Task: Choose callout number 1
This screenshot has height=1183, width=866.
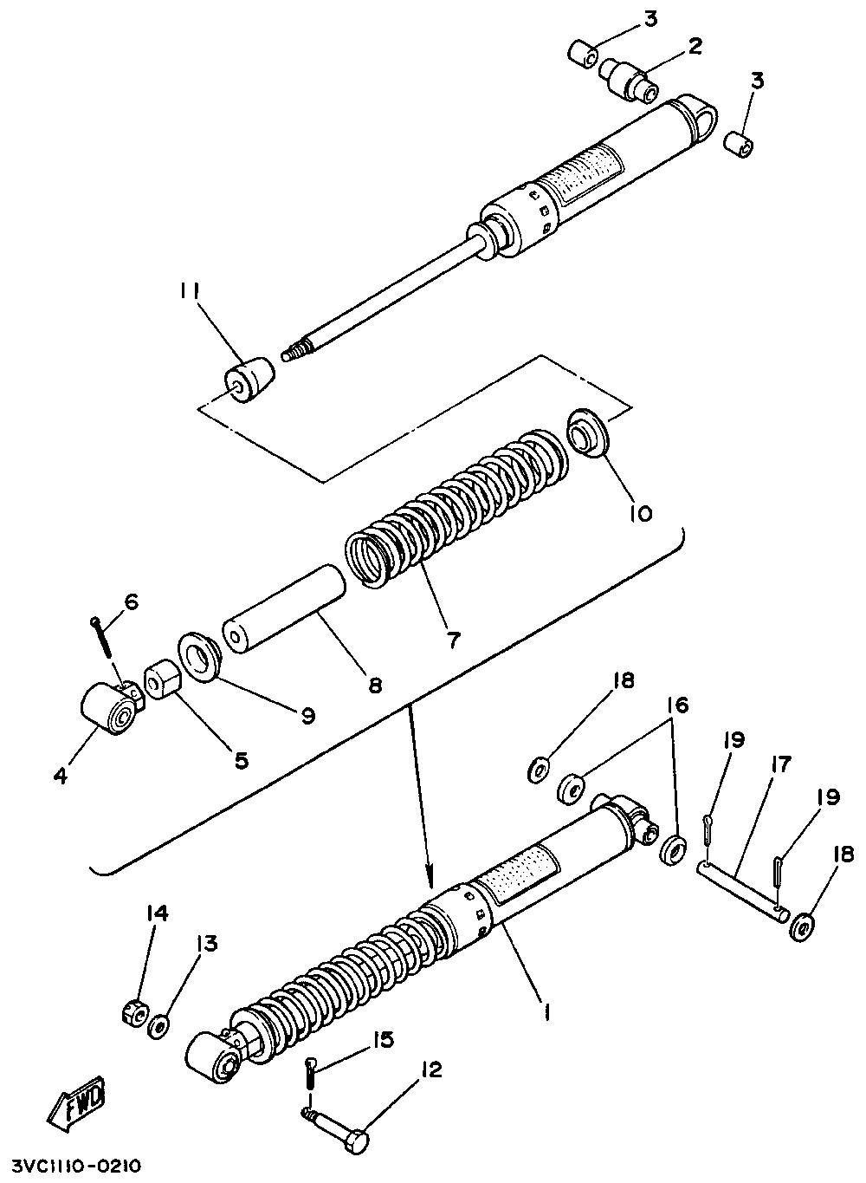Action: tap(547, 1010)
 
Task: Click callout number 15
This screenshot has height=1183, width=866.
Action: tap(382, 1039)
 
